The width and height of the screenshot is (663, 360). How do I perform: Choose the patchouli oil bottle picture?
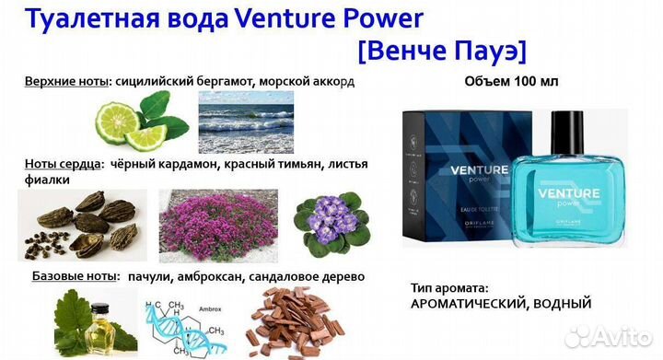click(x=87, y=322)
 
